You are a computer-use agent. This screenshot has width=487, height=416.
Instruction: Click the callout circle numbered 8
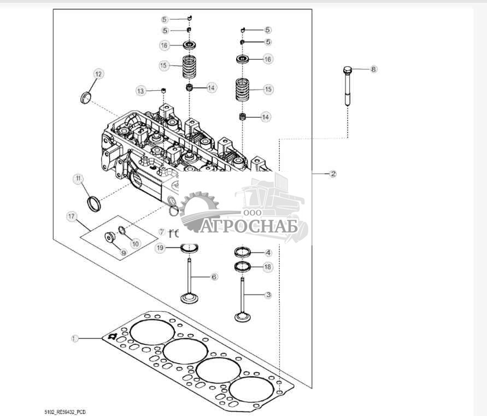pos(373,69)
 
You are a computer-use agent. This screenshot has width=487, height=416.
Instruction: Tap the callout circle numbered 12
pos(98,74)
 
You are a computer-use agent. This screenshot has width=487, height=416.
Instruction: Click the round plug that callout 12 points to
pos(85,98)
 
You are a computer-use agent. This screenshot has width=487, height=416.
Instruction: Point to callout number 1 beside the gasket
pos(75,338)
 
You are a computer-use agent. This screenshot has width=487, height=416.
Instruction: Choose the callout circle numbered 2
pos(332,174)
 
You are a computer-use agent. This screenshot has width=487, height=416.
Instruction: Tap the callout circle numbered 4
pos(268,253)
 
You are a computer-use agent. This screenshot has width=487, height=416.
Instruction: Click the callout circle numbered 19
pos(160,248)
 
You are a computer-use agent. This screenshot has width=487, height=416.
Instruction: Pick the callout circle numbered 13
pos(141,91)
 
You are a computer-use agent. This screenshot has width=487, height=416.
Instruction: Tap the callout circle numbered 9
pos(123,253)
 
